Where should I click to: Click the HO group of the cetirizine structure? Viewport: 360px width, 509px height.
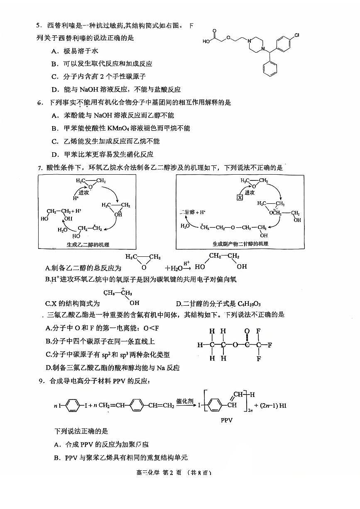[207, 41]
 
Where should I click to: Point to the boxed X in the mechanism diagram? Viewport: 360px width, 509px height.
[240, 197]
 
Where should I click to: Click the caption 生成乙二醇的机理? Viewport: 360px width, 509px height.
[88, 244]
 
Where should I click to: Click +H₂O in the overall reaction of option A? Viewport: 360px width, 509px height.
[174, 268]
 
